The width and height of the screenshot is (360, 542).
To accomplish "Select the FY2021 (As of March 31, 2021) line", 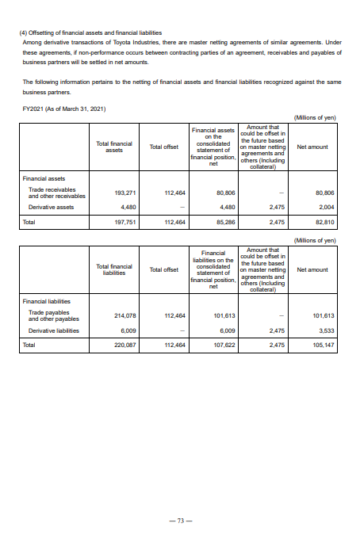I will (x=64, y=108).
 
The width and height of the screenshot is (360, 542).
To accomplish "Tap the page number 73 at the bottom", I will (x=180, y=521).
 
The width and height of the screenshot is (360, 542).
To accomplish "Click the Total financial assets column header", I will (x=113, y=147).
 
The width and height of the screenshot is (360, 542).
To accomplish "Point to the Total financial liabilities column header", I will (x=113, y=269).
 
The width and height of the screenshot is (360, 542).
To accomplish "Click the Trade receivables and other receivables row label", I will (x=56, y=193).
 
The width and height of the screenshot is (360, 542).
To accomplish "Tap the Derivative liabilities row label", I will (x=52, y=330).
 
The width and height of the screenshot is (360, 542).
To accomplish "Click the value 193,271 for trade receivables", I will (x=127, y=193).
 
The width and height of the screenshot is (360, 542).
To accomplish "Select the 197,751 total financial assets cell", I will (x=127, y=223).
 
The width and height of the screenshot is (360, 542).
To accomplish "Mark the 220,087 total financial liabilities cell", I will (x=127, y=345).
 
